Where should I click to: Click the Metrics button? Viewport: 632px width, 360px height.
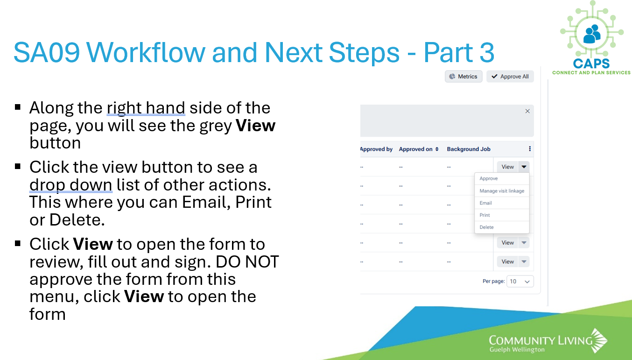pos(463,77)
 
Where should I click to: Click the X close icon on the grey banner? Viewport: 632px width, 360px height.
pos(527,111)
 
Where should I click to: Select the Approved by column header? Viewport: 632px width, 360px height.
pos(376,149)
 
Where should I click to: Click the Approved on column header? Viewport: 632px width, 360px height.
pos(418,149)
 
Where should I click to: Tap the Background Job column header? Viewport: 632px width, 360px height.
pos(468,149)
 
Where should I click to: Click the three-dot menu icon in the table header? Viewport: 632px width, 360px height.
pos(530,148)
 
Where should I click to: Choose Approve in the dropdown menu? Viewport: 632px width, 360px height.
pos(488,178)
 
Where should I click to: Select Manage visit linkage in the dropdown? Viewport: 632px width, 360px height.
pos(502,191)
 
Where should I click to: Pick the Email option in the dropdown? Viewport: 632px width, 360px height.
pos(485,203)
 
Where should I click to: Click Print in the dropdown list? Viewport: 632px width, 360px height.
pos(485,215)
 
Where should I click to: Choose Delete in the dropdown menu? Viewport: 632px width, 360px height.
pos(486,227)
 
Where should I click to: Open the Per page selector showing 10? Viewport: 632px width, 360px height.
pos(520,281)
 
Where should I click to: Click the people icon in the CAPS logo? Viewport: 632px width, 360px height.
pos(592,35)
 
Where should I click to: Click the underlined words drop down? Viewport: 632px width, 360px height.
pos(71,185)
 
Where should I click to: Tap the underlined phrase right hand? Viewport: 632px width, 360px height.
pos(146,108)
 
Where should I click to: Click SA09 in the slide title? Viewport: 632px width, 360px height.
pos(47,52)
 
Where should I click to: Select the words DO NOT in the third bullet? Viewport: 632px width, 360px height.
pos(247,262)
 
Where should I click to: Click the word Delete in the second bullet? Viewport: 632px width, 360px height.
pos(77,220)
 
